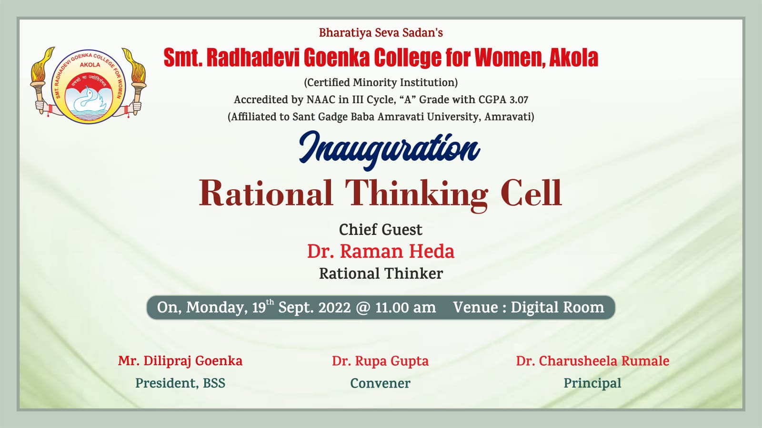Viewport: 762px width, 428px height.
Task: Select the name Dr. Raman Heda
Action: click(381, 252)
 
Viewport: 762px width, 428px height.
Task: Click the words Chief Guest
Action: click(381, 230)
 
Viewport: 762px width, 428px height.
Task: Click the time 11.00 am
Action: click(405, 307)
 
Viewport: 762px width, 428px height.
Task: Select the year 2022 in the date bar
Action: click(334, 307)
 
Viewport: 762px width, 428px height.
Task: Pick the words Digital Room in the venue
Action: click(557, 307)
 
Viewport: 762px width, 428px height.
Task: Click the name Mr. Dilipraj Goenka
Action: click(180, 361)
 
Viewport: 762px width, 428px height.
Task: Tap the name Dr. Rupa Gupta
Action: click(381, 361)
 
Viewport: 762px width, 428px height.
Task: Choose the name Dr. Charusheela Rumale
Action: click(592, 361)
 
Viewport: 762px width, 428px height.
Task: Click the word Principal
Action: click(592, 383)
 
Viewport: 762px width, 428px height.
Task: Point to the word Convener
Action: click(381, 383)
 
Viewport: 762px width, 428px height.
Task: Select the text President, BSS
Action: click(180, 383)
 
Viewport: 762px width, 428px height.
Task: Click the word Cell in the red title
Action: click(531, 193)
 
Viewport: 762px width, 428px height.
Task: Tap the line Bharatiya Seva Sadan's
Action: click(381, 33)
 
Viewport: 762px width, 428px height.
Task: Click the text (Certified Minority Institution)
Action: click(381, 83)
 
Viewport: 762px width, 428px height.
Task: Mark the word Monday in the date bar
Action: click(217, 308)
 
